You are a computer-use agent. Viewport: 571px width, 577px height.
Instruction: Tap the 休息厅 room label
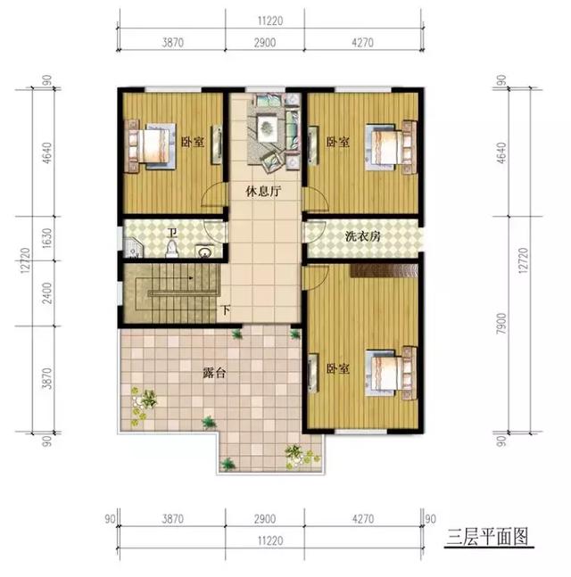coord(264,189)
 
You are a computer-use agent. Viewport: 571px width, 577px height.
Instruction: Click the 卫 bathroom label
coord(171,234)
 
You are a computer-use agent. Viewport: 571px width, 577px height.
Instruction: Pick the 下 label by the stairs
coord(226,311)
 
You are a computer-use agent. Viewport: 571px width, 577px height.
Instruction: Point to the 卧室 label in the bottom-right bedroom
coord(336,368)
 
